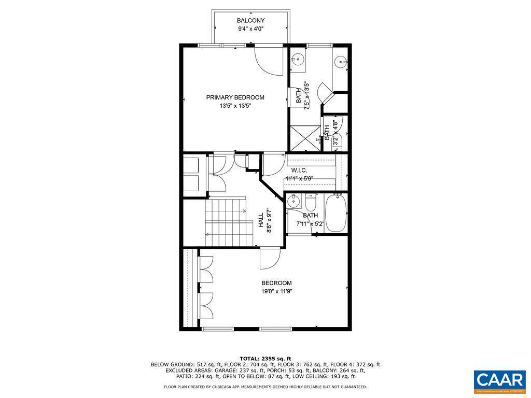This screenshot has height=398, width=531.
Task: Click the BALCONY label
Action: coord(250,21)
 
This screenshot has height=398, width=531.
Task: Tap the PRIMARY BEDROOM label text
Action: coord(235,97)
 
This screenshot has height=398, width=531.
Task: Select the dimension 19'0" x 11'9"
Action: coord(276,291)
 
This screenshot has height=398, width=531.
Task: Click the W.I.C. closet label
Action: coord(299,170)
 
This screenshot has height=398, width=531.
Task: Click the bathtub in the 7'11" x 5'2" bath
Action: coord(336,212)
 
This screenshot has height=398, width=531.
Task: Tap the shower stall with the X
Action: coord(305,138)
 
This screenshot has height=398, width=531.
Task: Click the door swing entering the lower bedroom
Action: coord(271,258)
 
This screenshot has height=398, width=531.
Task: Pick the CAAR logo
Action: coord(500,380)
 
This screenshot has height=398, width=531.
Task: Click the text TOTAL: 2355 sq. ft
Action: coord(265,359)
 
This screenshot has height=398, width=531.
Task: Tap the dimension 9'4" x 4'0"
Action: coord(250,30)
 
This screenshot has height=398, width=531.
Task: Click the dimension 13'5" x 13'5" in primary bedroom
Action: coord(235,106)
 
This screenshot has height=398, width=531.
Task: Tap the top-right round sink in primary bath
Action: coord(341,61)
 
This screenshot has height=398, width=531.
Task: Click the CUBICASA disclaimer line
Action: coord(265,387)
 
